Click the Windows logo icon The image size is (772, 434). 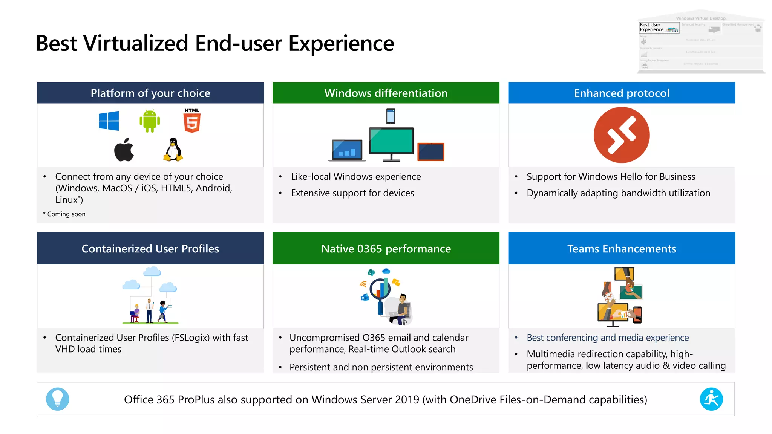[109, 121]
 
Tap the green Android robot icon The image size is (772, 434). [150, 121]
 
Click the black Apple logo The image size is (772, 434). [124, 150]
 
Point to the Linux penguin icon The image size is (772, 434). [173, 150]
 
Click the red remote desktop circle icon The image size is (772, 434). [622, 135]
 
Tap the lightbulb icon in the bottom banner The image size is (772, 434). [57, 399]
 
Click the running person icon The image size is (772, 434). [711, 399]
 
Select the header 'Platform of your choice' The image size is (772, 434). [150, 93]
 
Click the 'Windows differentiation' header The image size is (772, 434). [386, 93]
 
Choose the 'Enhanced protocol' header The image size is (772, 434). [622, 93]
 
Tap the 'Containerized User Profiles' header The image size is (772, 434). [150, 249]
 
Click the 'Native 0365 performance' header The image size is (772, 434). [386, 249]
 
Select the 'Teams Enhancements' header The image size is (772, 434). [622, 249]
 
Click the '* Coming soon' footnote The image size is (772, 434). [64, 214]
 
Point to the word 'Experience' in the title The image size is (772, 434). [341, 43]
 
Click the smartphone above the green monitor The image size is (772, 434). [391, 116]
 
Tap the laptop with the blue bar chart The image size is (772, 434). [347, 150]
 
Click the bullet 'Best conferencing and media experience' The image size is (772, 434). [607, 338]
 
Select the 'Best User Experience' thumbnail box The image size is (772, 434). [659, 28]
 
